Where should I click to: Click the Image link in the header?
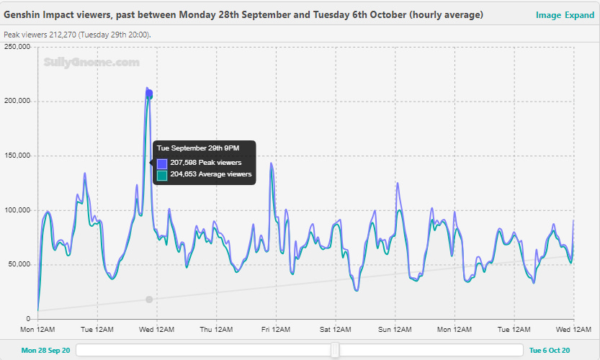point(547,15)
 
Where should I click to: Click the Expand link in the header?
point(579,15)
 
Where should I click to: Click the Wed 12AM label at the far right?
point(573,330)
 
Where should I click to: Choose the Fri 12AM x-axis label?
point(276,330)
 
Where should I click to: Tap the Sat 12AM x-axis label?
point(335,330)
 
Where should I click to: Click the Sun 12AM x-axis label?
point(395,330)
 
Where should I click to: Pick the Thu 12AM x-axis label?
point(216,330)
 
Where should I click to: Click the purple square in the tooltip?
point(162,163)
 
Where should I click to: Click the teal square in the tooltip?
point(162,174)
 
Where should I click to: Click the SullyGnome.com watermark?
point(91,63)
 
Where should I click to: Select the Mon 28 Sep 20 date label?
point(45,351)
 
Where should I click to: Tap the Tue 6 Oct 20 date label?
point(550,351)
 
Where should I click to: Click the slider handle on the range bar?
point(335,350)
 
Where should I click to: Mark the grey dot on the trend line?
point(149,300)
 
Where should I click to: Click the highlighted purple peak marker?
point(149,94)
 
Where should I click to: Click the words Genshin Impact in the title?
point(38,15)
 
